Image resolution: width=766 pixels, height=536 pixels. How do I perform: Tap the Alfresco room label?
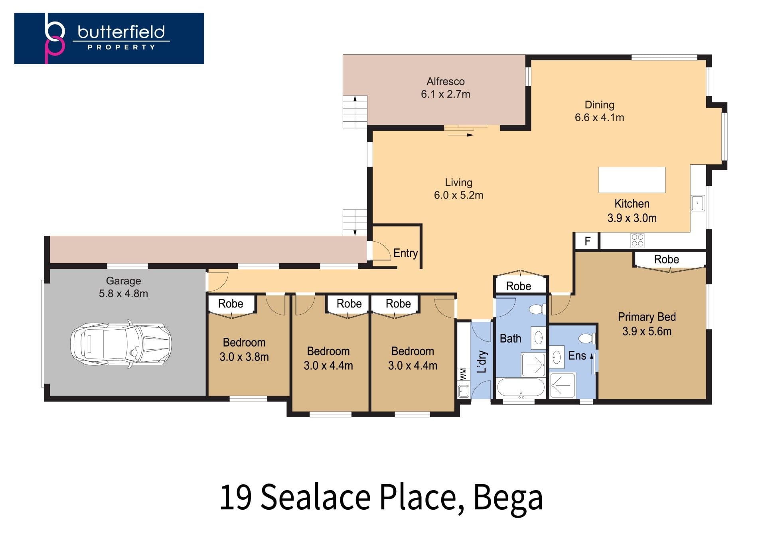pos(446,81)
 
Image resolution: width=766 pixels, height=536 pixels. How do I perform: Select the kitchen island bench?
pos(632,180)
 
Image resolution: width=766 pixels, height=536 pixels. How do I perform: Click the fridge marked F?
pos(587,241)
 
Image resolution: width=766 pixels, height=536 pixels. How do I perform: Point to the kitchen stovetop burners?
pos(637,240)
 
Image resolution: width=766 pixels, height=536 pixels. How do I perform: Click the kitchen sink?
pos(697,203)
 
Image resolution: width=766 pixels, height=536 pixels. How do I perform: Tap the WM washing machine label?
pos(463,374)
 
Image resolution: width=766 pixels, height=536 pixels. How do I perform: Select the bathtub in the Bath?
pos(521,387)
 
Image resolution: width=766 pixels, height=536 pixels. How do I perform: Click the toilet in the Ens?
pos(587,339)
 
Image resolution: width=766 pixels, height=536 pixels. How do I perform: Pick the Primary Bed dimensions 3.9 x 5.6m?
pos(647,331)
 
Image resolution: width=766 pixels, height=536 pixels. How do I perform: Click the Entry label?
pos(405,253)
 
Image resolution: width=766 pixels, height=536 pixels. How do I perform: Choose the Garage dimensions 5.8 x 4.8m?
pos(123,294)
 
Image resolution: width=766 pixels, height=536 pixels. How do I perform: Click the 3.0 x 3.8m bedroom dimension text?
pos(244,357)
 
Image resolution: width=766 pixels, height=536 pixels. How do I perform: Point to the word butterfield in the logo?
pos(121,32)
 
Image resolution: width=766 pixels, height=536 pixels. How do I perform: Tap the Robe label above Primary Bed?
pos(666,260)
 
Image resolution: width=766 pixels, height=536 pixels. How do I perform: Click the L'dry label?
pos(482,361)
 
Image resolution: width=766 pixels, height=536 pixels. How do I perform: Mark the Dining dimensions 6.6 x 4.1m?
pos(599,118)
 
